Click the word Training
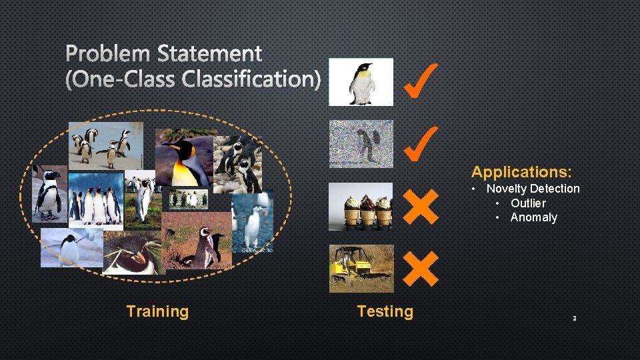(x=157, y=311)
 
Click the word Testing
(x=385, y=311)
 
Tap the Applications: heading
(x=521, y=172)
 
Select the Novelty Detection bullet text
(x=533, y=189)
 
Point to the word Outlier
(x=528, y=203)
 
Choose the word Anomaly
(x=533, y=217)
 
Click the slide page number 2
(x=574, y=319)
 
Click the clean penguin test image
(x=361, y=82)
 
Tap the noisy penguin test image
(x=361, y=143)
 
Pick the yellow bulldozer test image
(x=361, y=268)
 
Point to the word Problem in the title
(x=107, y=53)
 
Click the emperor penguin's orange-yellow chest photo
(x=183, y=159)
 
